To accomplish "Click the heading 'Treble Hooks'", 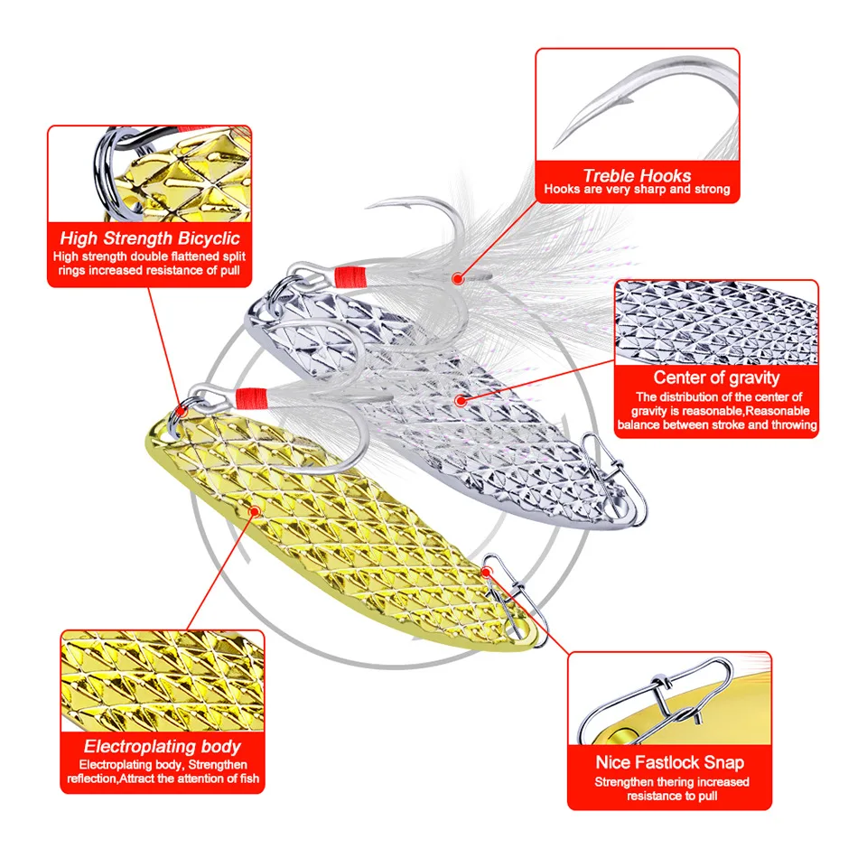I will pyautogui.click(x=637, y=176).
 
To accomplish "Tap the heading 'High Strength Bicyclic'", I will pyautogui.click(x=150, y=239).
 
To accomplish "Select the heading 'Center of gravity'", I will pyautogui.click(x=716, y=378).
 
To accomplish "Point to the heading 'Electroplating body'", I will pyautogui.click(x=163, y=746).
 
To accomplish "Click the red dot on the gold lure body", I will pyautogui.click(x=256, y=511).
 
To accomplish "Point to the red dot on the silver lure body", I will pyautogui.click(x=460, y=398).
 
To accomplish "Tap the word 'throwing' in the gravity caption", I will pyautogui.click(x=790, y=424).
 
